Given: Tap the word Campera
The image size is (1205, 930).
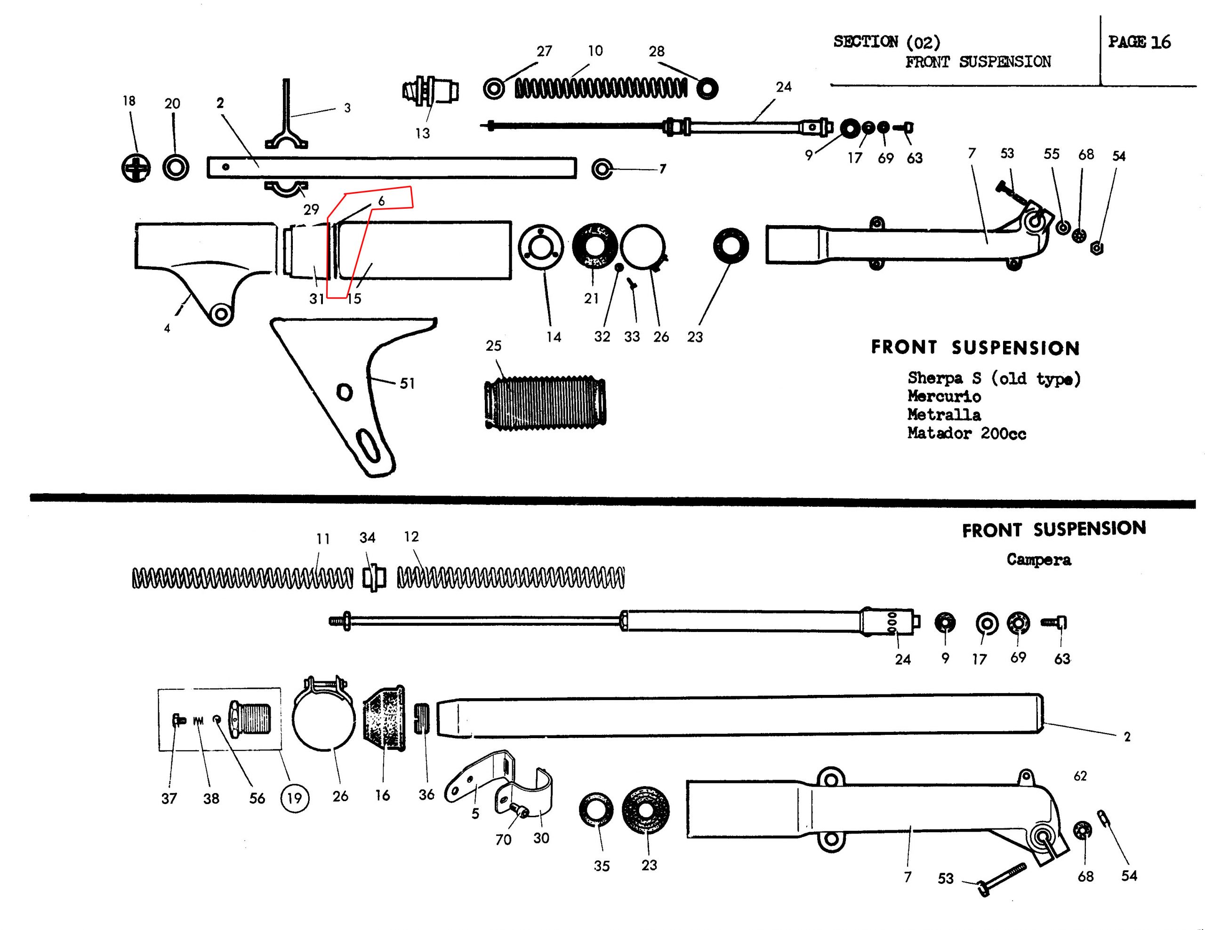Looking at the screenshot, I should click(x=1038, y=560).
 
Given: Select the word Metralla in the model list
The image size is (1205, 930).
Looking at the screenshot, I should click(x=944, y=415).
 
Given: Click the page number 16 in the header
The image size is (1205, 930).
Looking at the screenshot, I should click(x=1160, y=42).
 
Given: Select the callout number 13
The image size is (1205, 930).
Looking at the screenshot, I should click(x=422, y=134).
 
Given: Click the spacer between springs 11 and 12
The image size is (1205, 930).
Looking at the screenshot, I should click(x=374, y=578).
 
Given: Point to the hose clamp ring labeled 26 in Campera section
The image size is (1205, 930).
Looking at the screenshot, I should click(x=323, y=717).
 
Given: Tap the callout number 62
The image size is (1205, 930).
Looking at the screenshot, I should click(x=1080, y=776).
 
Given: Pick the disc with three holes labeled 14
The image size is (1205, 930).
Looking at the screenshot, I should click(x=541, y=248).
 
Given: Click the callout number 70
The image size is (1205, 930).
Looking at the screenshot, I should click(x=503, y=840).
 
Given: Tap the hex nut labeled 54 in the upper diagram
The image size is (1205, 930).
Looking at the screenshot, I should click(x=1097, y=249).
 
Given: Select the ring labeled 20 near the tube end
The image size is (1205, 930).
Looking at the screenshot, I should click(x=176, y=167).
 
